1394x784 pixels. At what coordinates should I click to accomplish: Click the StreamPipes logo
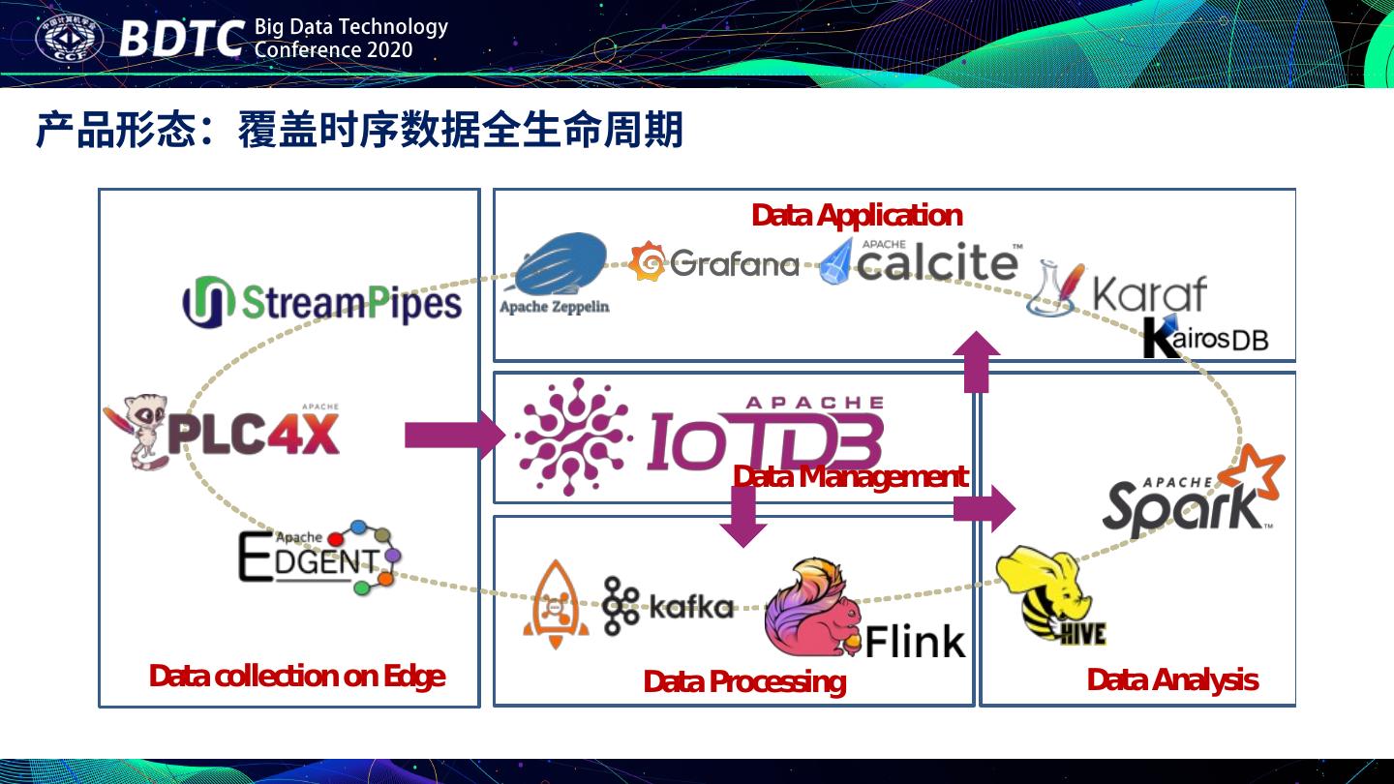click(x=321, y=302)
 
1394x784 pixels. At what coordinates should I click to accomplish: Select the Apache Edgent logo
click(x=318, y=557)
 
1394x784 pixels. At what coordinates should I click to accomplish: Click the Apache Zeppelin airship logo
click(x=558, y=271)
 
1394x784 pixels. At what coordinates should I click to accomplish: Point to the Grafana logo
click(x=713, y=262)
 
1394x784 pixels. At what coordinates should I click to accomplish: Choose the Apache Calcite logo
click(x=920, y=261)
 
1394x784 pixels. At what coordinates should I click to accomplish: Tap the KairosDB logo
click(x=1205, y=338)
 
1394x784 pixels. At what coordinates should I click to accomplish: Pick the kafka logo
click(x=668, y=606)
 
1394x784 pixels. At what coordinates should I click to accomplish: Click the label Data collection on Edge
click(x=296, y=676)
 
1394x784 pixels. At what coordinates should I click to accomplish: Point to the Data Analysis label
click(x=1171, y=679)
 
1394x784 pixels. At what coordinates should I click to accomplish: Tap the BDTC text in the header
click(x=181, y=40)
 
